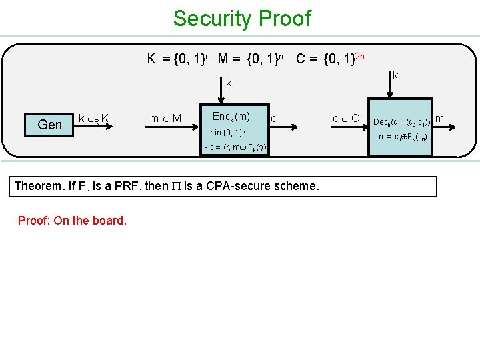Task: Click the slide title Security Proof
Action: tap(241, 19)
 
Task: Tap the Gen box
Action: tap(50, 124)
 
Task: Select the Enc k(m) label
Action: tap(231, 117)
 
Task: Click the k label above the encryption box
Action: tap(228, 83)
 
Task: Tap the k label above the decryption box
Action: tap(395, 77)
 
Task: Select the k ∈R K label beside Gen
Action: tap(94, 119)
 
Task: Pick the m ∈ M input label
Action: tap(166, 119)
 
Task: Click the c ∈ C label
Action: tap(346, 119)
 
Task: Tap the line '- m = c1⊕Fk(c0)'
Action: tap(400, 137)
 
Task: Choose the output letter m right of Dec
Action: tap(439, 119)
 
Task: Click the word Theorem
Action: tap(39, 186)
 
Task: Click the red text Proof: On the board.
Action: tap(72, 220)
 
